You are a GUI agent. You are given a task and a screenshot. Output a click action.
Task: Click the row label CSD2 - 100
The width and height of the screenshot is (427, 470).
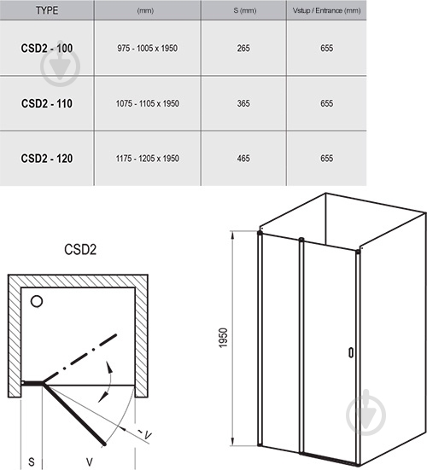46,49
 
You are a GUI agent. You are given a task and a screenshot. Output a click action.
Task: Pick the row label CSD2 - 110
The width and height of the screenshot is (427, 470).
46,103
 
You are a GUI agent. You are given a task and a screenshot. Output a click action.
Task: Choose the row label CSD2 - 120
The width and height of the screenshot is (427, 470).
46,158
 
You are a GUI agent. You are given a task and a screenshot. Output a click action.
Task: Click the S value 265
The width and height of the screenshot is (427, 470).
243,49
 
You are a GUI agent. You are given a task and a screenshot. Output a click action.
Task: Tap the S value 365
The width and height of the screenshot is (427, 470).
243,103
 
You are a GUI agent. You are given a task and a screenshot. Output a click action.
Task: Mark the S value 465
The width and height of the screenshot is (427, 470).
243,158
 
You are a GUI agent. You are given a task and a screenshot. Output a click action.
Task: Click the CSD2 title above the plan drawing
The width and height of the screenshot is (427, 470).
80,252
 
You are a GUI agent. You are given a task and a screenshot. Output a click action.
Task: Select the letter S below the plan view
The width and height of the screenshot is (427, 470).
31,461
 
